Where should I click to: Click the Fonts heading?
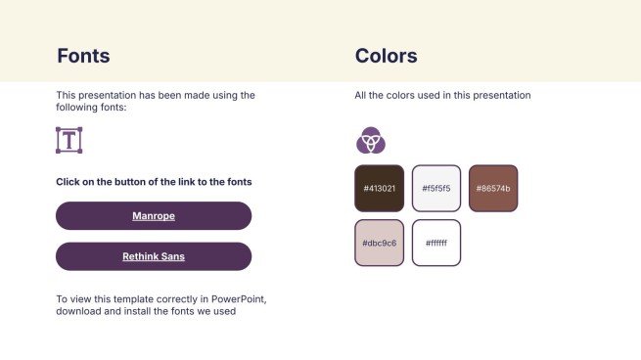(83, 56)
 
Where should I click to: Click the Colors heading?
(386, 56)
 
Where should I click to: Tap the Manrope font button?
(154, 216)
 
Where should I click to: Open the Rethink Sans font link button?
(154, 256)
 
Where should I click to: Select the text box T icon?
(69, 140)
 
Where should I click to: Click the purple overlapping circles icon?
(371, 140)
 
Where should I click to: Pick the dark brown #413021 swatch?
(380, 189)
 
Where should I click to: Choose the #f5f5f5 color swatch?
(436, 189)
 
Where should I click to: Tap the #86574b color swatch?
(493, 189)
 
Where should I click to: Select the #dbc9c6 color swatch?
(380, 243)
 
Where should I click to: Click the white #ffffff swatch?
(436, 243)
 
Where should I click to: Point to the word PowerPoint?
(239, 299)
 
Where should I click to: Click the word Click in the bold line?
(68, 182)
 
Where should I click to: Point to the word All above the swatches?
(360, 95)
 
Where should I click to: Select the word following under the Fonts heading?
(71, 108)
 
